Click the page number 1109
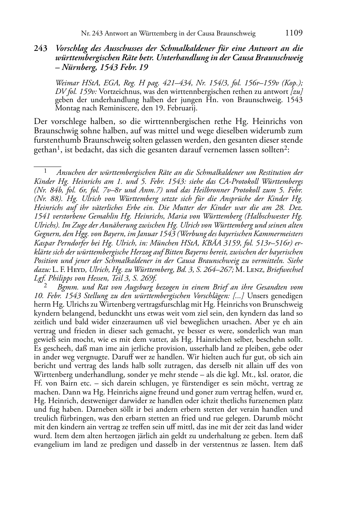click(x=294, y=33)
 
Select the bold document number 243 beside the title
click(x=41, y=49)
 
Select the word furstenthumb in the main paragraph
click(x=54, y=140)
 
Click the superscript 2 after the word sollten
click(x=286, y=148)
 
